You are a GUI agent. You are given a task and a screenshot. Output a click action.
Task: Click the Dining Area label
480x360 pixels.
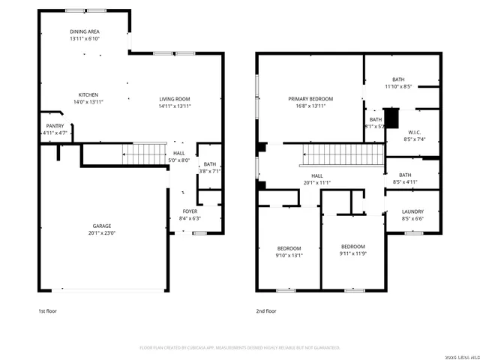point(85,31)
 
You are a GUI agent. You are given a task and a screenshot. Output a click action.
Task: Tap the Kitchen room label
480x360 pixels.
point(88,95)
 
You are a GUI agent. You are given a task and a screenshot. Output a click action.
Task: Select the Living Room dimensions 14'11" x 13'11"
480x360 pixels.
point(174,106)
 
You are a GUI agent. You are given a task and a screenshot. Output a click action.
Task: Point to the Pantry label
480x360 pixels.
point(55,126)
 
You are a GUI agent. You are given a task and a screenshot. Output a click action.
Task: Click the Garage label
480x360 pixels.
point(102,226)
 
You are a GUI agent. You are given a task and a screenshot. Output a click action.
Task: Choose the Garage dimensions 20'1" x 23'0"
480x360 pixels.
point(102,232)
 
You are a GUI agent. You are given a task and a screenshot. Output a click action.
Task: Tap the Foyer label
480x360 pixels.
point(190,211)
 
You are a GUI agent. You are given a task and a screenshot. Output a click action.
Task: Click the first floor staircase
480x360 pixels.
point(139,154)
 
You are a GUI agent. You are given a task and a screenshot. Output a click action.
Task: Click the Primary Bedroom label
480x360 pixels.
point(310,99)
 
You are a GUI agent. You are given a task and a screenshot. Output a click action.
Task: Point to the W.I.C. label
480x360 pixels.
point(414,132)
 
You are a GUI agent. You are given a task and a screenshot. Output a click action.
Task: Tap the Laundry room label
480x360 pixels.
point(413,211)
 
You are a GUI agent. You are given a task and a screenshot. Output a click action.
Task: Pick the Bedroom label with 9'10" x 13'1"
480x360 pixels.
point(289,248)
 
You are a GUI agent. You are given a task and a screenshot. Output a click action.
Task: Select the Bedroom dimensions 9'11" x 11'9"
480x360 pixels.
point(352,253)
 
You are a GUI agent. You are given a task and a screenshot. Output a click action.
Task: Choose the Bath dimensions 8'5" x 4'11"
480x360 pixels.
point(405,182)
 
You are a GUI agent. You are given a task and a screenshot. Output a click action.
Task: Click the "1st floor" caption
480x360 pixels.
point(46,310)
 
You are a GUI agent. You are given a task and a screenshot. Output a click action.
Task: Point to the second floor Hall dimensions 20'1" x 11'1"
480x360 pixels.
point(316,182)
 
